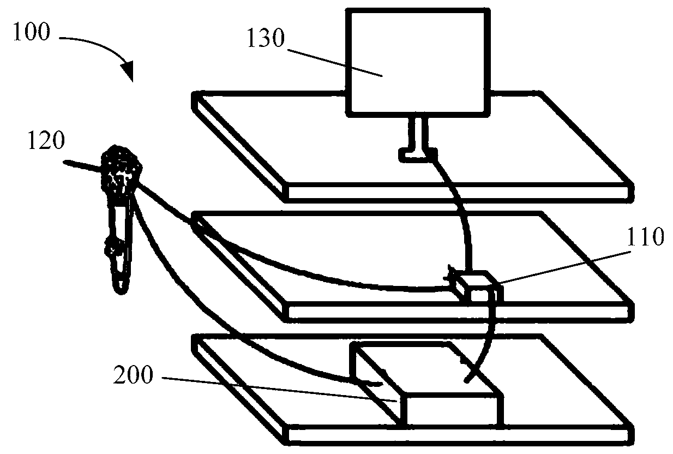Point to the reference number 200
133,377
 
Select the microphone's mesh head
121,166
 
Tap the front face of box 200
450,409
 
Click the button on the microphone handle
114,249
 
